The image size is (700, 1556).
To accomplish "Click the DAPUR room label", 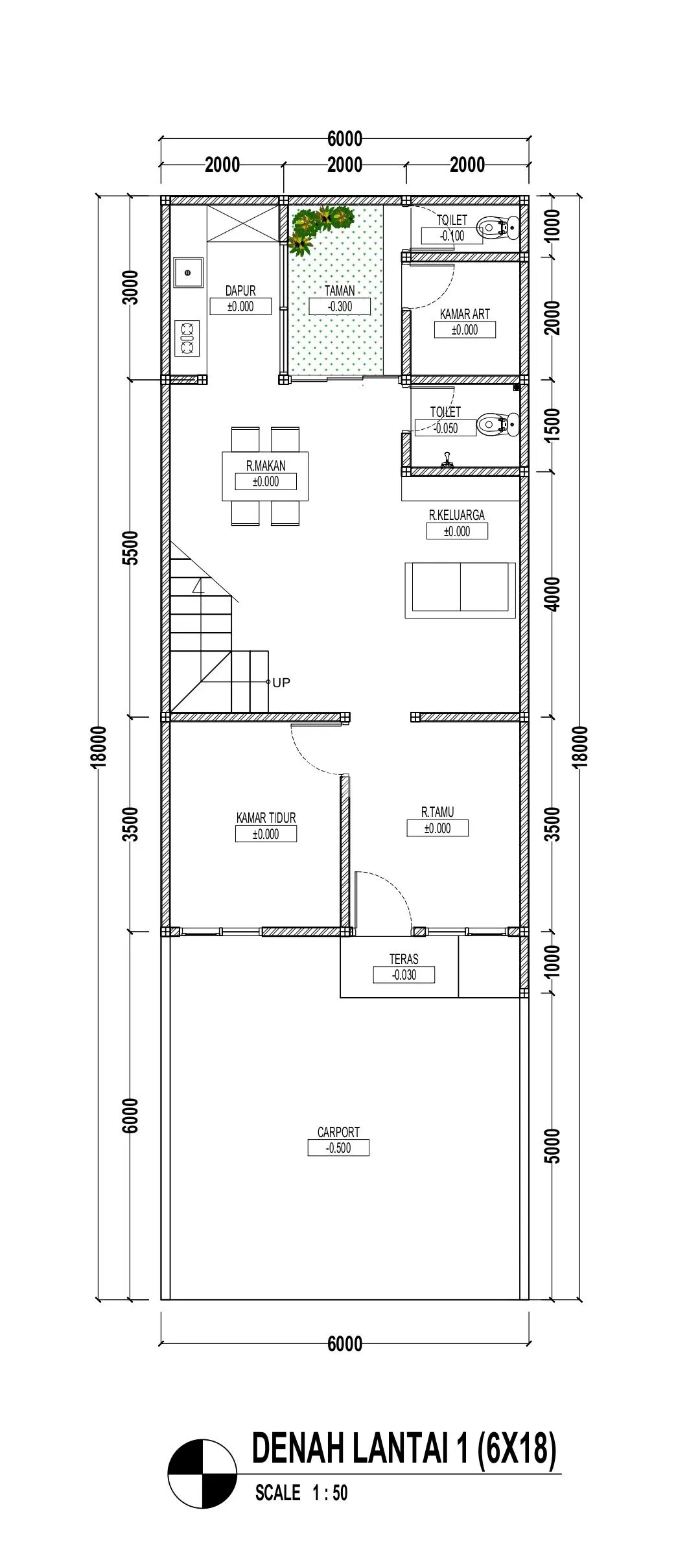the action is (x=240, y=291).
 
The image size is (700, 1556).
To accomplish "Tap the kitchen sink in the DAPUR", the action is (x=189, y=272).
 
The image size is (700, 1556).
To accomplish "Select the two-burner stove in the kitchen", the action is (x=188, y=338).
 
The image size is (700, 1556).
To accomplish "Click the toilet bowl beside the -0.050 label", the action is (x=498, y=425).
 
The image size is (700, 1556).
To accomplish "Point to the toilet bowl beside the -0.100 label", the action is (x=498, y=227).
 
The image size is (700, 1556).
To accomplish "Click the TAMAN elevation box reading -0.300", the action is (x=340, y=307).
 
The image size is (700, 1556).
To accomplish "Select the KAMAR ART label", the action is (x=465, y=314).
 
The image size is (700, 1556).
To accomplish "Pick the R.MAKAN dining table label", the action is (x=266, y=466).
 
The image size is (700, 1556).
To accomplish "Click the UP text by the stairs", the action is (x=281, y=682).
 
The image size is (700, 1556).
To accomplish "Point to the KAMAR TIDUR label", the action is (x=266, y=818).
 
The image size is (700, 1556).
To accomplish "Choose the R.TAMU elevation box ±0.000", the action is (x=437, y=828).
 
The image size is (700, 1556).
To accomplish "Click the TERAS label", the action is (x=404, y=959).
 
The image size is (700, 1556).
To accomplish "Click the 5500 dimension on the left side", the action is (x=131, y=548).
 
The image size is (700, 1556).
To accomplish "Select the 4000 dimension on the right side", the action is (x=553, y=594).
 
